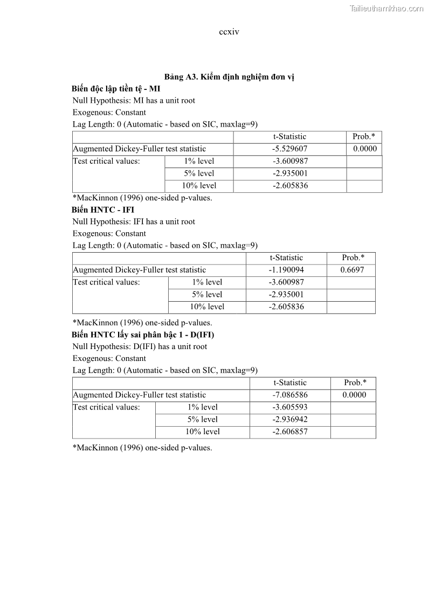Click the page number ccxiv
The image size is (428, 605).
[x=229, y=32]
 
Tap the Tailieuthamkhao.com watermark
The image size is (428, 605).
[x=386, y=8]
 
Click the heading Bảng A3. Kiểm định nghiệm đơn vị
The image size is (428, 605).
[x=229, y=77]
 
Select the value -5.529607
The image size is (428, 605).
[x=289, y=149]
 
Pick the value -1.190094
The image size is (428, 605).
[x=286, y=270]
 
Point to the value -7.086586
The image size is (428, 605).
[x=290, y=395]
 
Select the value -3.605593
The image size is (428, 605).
[x=290, y=407]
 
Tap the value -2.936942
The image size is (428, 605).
[x=290, y=419]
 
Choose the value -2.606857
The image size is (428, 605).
[x=290, y=432]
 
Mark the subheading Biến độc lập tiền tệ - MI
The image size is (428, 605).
[x=116, y=88]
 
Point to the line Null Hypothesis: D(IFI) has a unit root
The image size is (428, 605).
[x=140, y=346]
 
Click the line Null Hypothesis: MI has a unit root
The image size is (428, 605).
[x=134, y=100]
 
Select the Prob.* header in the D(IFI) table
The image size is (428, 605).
[x=355, y=383]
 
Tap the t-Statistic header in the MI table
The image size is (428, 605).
[x=289, y=136]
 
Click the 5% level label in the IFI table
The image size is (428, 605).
[x=207, y=294]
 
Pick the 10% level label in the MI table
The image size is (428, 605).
[x=199, y=185]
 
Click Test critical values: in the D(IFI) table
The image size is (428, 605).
[x=106, y=407]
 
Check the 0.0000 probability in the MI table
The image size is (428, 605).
[x=365, y=149]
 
